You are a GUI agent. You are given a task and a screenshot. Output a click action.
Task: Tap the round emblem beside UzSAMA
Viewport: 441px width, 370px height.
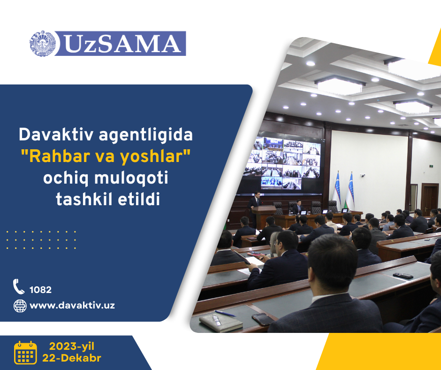pyautogui.click(x=43, y=44)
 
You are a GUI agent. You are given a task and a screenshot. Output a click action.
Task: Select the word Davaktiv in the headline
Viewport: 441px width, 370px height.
pyautogui.click(x=56, y=135)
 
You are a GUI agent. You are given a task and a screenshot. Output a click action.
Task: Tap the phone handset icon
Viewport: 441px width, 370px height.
pyautogui.click(x=19, y=286)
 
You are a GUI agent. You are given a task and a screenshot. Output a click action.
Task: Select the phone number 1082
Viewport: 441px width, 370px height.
pyautogui.click(x=40, y=290)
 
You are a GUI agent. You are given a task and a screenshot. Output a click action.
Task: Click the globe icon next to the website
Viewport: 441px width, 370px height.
pyautogui.click(x=20, y=306)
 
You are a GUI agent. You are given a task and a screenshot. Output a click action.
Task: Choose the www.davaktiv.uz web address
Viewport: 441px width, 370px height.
pyautogui.click(x=72, y=306)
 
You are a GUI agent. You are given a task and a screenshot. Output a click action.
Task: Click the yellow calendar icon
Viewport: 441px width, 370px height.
pyautogui.click(x=26, y=353)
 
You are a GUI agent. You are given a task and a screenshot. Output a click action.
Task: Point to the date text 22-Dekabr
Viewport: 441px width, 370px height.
pyautogui.click(x=72, y=358)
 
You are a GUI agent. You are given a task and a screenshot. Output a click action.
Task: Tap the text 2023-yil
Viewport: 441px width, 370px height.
pyautogui.click(x=72, y=346)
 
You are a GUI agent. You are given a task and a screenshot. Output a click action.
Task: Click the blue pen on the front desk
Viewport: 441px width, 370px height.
pyautogui.click(x=225, y=313)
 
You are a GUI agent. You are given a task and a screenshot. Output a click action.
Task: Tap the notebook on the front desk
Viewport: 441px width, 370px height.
pyautogui.click(x=221, y=323)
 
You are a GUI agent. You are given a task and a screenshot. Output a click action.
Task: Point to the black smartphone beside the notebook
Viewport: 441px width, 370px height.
pyautogui.click(x=262, y=319)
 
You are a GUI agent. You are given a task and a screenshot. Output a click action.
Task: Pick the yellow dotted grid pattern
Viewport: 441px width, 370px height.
pyautogui.click(x=41, y=240)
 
